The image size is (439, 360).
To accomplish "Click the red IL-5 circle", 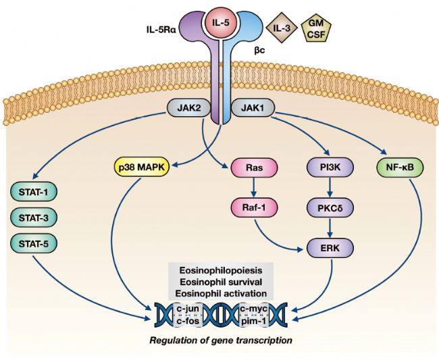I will click(219, 22).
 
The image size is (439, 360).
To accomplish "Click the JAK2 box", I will click(186, 107).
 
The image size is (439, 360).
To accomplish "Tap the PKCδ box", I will click(327, 207).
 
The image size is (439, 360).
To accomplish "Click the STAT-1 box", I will click(33, 192).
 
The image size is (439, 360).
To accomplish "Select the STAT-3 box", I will click(33, 218).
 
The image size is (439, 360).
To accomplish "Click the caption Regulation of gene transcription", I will click(221, 340).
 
